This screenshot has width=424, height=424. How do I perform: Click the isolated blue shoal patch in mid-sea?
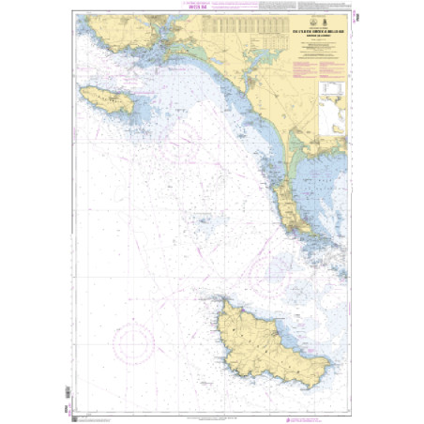coord(204,222)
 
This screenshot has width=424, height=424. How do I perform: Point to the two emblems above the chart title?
coord(318,28)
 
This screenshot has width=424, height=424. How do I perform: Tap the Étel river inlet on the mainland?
coord(246,99)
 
